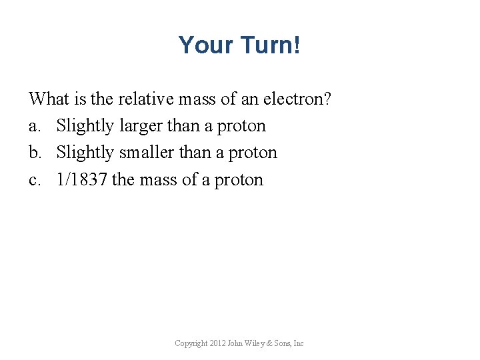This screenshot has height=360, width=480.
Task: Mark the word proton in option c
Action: pos(239,180)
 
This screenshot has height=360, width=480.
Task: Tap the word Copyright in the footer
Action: pos(189,343)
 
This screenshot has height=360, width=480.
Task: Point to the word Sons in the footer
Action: pos(282,343)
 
